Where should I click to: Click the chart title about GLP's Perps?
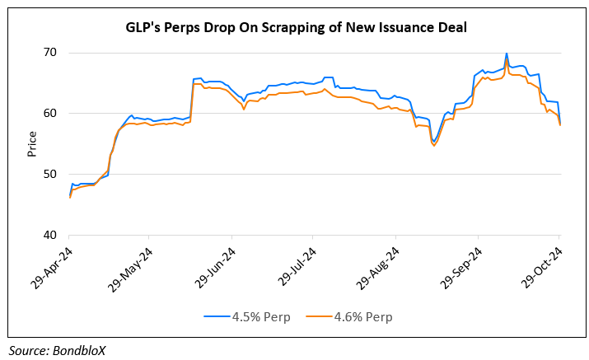coord(296,28)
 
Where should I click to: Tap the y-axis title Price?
coord(32,143)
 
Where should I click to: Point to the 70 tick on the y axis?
coord(50,53)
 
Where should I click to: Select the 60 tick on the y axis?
coord(50,114)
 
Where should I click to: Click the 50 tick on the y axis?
coord(50,175)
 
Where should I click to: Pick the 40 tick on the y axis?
coord(50,236)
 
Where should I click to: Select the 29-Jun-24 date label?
coord(217,264)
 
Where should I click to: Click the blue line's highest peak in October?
coord(507,54)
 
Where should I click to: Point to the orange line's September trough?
coord(434,146)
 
